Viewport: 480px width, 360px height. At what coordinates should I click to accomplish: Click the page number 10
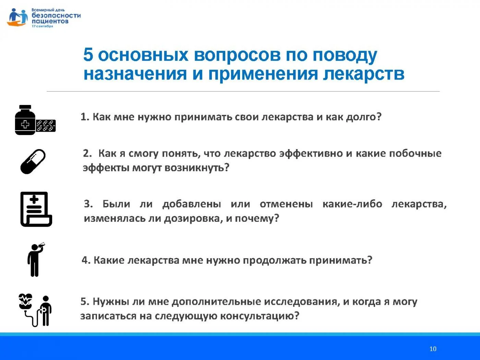[433, 349]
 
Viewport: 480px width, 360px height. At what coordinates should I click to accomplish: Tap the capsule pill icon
[33, 161]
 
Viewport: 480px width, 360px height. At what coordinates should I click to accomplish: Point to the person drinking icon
[36, 260]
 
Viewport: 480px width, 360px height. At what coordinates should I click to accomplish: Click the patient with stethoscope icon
[35, 310]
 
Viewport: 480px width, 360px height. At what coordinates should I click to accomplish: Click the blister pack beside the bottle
[46, 126]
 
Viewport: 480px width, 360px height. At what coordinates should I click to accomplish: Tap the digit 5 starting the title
[88, 55]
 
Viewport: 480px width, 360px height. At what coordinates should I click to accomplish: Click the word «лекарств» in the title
[364, 74]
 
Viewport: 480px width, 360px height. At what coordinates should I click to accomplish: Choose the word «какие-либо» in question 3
[352, 204]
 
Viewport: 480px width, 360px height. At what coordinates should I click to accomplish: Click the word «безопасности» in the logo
[56, 15]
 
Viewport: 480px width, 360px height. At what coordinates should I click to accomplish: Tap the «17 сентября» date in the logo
[43, 26]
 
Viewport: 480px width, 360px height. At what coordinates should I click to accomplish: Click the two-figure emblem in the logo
[17, 17]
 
